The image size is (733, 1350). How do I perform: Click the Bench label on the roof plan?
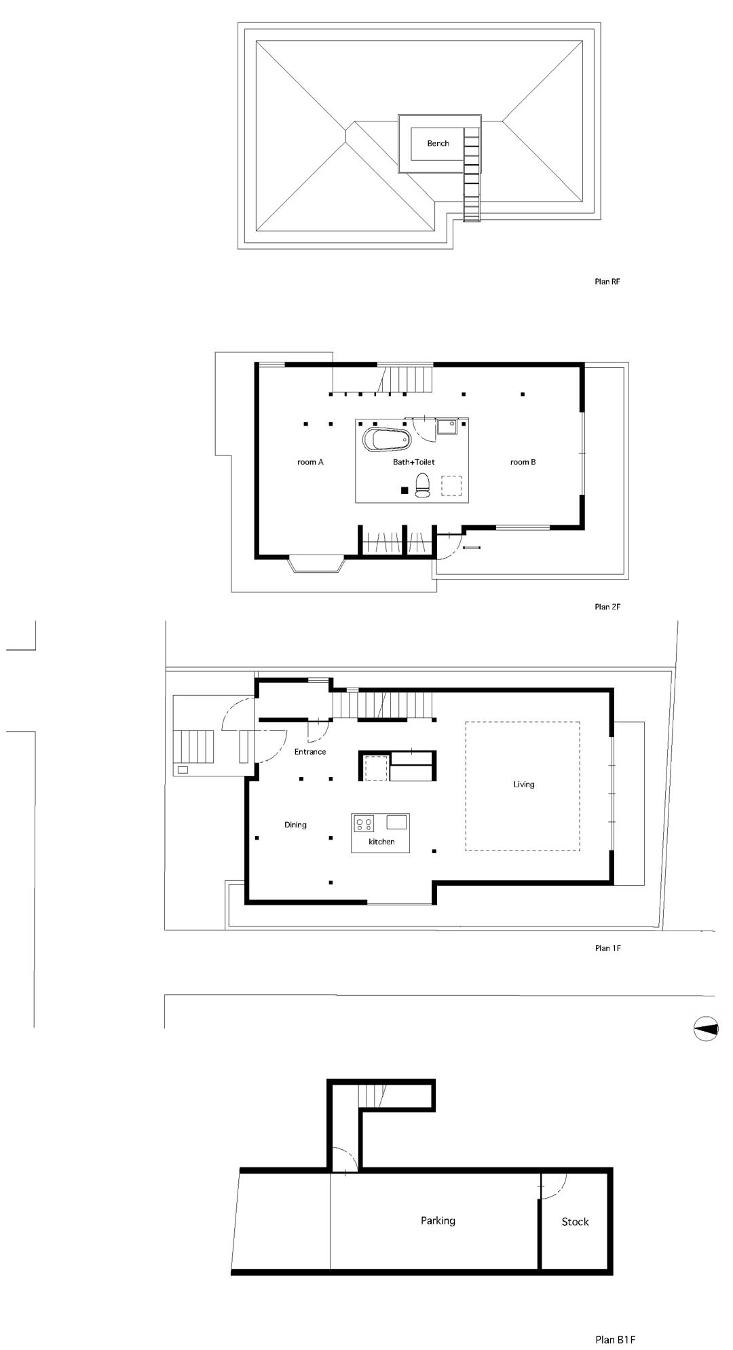438,143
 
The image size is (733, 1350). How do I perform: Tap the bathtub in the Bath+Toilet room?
388,439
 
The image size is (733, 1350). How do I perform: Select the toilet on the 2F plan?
422,485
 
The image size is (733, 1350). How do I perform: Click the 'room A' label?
310,462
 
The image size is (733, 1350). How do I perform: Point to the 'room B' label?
523,462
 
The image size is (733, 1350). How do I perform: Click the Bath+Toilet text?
413,462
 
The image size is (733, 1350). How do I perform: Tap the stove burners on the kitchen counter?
364,823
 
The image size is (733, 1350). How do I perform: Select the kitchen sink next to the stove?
396,823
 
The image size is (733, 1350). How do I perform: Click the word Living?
523,785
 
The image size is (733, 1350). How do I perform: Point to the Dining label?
295,825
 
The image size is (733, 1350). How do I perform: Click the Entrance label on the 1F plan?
310,752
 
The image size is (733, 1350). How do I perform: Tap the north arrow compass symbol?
706,1029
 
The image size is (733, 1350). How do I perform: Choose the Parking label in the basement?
438,1221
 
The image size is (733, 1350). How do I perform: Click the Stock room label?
575,1222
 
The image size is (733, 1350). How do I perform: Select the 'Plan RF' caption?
607,282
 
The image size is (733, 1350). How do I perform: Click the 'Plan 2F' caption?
607,607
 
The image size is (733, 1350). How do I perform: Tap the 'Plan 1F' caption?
607,948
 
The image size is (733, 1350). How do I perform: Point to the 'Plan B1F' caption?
615,1321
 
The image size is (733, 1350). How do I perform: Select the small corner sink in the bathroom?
447,426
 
